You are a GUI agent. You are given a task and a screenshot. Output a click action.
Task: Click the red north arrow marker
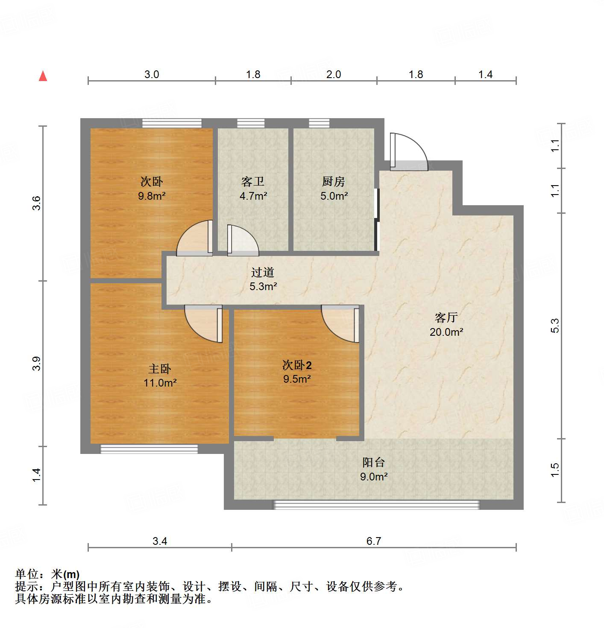tap(43, 76)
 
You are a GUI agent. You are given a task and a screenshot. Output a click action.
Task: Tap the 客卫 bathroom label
tap(253, 182)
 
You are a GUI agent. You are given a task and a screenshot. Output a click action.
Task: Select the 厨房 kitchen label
tap(333, 182)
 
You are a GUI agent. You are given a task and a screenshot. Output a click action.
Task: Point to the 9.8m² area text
tap(152, 196)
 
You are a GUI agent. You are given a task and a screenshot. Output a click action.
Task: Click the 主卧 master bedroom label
tap(160, 369)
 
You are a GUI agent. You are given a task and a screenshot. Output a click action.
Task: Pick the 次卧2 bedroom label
tap(297, 365)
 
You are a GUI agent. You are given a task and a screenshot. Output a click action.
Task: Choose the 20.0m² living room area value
tap(446, 332)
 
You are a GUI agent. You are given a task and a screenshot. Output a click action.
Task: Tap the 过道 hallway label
tap(262, 272)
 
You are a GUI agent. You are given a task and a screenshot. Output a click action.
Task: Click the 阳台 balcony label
tap(373, 462)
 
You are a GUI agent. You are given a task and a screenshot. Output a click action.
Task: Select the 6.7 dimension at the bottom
tap(373, 541)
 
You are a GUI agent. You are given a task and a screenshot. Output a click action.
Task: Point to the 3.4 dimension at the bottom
tap(159, 541)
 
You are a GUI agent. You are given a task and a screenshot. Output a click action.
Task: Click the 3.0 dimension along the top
tap(151, 75)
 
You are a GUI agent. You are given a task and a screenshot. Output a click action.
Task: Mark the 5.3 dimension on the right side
tap(555, 326)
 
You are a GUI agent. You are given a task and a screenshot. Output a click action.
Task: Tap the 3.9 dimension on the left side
tap(37, 363)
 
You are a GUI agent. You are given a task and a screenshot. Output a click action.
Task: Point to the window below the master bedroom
tap(149, 449)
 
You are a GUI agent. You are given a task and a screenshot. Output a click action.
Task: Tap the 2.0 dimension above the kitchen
tap(333, 75)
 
